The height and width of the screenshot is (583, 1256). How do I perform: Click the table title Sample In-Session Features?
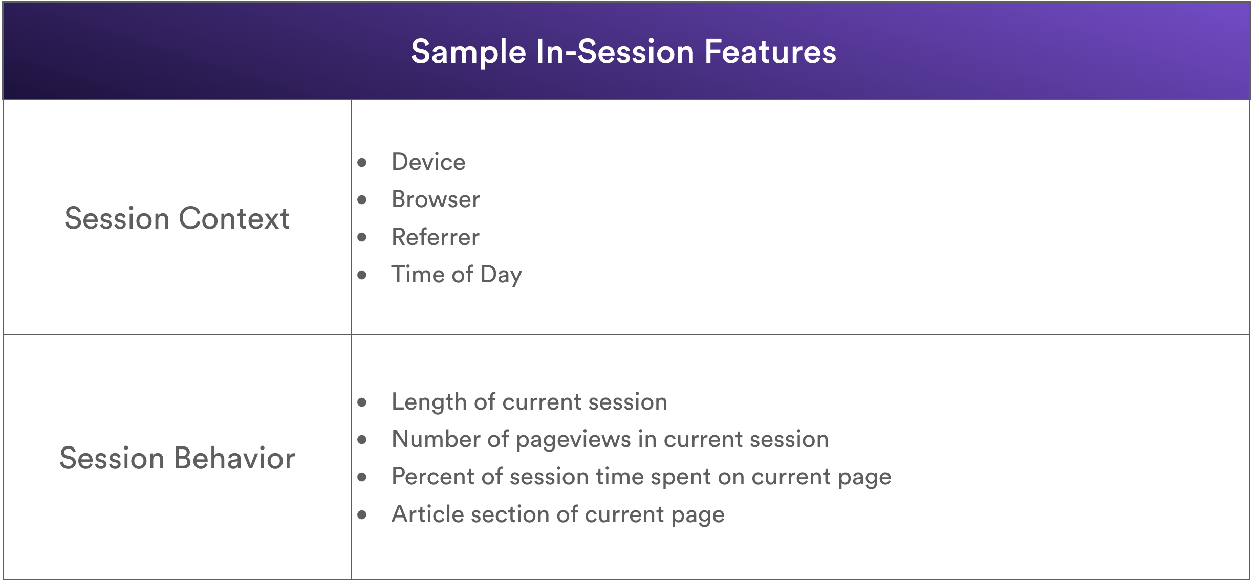click(x=623, y=52)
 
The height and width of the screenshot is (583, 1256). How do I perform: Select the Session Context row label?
click(x=177, y=218)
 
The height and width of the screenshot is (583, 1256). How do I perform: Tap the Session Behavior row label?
click(x=177, y=458)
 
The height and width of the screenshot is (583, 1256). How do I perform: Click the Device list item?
click(x=428, y=162)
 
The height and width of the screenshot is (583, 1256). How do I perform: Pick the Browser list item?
click(x=436, y=199)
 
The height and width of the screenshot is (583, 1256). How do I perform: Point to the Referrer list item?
click(x=436, y=237)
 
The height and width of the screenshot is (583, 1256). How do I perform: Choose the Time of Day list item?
click(x=457, y=275)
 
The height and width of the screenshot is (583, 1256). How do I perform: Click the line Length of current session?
click(x=529, y=402)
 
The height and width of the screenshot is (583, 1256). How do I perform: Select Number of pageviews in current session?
click(x=610, y=440)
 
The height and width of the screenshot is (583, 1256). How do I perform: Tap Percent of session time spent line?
click(x=641, y=477)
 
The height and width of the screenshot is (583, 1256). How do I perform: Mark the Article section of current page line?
click(x=558, y=514)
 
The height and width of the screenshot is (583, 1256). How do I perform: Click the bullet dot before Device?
click(x=362, y=163)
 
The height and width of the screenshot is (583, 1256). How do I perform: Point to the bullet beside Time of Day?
click(x=362, y=275)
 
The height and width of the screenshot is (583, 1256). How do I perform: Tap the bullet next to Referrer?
click(x=362, y=237)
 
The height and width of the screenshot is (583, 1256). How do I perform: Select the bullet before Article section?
click(x=362, y=515)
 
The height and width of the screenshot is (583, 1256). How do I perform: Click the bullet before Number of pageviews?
click(x=362, y=440)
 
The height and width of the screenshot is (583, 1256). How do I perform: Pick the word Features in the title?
click(x=770, y=52)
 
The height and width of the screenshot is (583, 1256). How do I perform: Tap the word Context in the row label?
click(x=234, y=218)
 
